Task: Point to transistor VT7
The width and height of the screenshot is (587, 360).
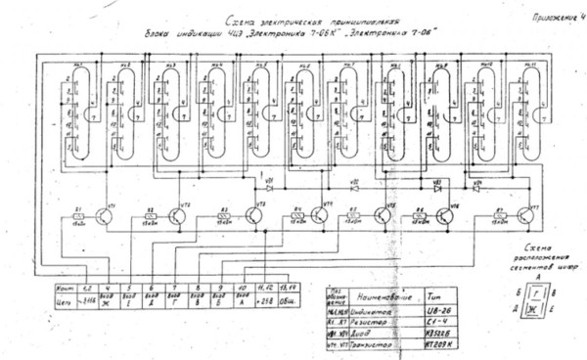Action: click(x=527, y=218)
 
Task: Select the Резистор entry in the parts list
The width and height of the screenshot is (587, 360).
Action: click(x=375, y=320)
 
